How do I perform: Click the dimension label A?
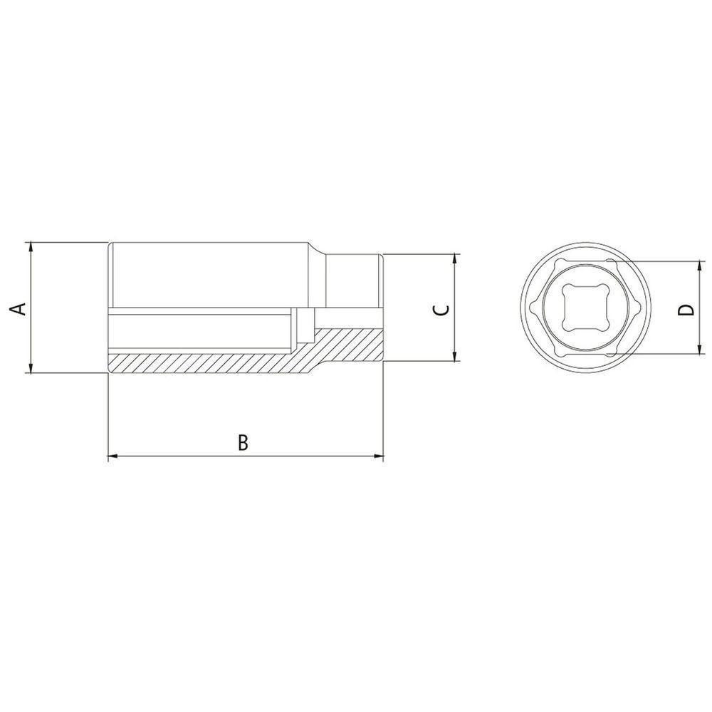(20, 308)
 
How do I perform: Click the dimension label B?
(243, 442)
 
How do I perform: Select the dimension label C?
(441, 309)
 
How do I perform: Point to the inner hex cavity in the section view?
(199, 331)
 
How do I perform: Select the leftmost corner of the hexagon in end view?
(536, 308)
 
